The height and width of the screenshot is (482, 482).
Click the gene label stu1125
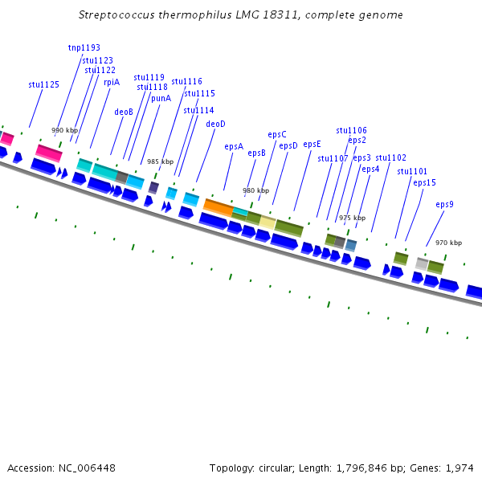(43, 84)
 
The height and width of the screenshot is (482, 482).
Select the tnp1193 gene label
(84, 48)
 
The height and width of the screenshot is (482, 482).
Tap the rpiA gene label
(112, 82)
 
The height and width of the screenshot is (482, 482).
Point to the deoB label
(124, 112)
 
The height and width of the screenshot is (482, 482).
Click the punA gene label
(161, 98)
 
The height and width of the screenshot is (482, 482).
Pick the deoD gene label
(215, 125)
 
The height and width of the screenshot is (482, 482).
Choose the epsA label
(234, 147)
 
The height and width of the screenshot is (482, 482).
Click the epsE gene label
(312, 145)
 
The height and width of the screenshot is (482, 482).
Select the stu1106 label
(351, 130)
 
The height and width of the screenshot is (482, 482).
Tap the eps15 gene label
(424, 183)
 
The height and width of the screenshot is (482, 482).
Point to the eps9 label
(444, 205)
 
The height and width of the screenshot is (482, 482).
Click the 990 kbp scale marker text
(65, 130)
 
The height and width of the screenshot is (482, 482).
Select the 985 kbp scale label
(160, 161)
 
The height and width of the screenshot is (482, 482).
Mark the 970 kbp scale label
(448, 243)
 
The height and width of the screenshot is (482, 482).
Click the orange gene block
(218, 206)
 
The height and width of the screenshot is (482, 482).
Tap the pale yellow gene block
(268, 222)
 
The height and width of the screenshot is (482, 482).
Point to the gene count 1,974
(460, 468)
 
